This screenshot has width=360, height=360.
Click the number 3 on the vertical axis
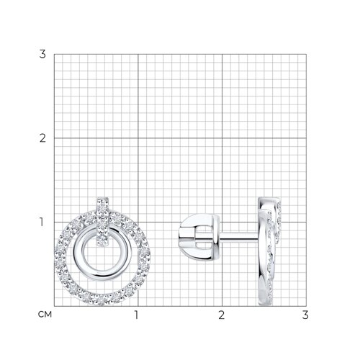tap(42, 54)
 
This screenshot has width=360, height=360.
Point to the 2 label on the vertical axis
tap(42, 138)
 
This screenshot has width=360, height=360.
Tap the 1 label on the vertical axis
tap(42, 222)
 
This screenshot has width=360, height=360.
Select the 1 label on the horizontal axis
tap(136, 315)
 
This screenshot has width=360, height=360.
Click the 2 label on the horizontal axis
tap(221, 315)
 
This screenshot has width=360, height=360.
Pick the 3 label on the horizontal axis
tap(305, 315)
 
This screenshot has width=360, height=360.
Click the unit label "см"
tap(45, 314)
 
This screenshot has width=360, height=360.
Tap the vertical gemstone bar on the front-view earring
tap(103, 221)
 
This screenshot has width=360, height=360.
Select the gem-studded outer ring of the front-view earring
tap(102, 301)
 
